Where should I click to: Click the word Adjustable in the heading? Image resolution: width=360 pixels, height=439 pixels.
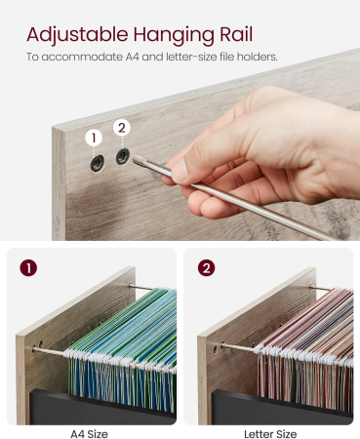pos(77,34)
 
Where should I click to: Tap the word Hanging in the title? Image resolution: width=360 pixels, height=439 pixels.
pos(174,36)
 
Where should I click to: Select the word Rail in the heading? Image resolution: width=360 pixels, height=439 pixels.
pos(236,34)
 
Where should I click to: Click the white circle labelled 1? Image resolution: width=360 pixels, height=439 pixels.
pos(94,138)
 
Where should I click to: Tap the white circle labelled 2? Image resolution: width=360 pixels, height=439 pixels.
pos(122,128)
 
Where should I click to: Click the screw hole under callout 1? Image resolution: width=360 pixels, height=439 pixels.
pos(98,163)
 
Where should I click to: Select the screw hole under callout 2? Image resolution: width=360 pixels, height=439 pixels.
pos(123,156)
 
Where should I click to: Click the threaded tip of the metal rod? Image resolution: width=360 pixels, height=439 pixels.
pos(140,160)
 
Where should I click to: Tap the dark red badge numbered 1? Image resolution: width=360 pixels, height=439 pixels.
pos(28,268)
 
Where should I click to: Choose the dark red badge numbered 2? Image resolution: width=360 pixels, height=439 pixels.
pos(206,268)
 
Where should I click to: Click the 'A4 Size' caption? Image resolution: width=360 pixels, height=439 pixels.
pos(89,434)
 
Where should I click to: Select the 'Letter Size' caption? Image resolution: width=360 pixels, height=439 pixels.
pos(270,434)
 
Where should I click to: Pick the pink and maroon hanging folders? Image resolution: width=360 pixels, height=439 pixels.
pos(305,348)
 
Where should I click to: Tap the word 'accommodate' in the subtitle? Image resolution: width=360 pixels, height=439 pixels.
pos(82,57)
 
